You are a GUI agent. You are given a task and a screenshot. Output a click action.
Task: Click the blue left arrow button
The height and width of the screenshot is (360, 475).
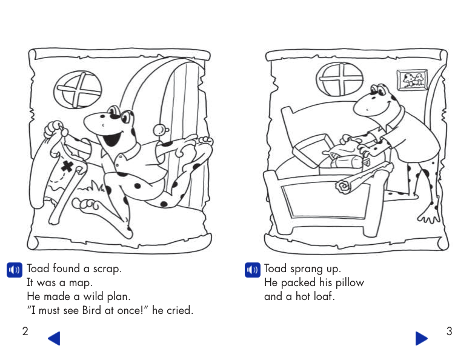(55, 338)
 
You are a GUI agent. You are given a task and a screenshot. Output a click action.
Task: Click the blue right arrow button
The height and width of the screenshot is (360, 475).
(422, 338)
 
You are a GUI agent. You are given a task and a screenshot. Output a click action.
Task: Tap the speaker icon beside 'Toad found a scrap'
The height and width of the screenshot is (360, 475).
(15, 270)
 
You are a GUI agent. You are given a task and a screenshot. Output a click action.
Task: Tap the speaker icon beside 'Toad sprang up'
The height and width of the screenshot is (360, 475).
(252, 270)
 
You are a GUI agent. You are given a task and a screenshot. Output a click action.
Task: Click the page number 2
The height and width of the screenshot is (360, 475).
(25, 331)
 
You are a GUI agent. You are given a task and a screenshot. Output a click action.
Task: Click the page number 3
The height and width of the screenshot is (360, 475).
(450, 331)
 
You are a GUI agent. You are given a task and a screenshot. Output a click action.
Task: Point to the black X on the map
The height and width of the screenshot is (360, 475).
(68, 166)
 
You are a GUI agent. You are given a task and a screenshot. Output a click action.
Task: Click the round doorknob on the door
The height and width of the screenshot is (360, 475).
(160, 130)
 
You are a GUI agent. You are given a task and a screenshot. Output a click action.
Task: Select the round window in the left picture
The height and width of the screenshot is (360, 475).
(78, 90)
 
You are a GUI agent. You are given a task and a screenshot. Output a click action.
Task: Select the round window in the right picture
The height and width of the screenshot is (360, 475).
(339, 79)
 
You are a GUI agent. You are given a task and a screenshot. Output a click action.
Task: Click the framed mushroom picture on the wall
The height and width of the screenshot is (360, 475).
(412, 80)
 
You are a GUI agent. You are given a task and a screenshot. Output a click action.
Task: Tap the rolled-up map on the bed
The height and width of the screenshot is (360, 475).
(364, 178)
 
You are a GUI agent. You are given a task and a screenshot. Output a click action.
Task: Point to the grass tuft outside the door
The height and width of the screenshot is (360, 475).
(91, 187)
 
